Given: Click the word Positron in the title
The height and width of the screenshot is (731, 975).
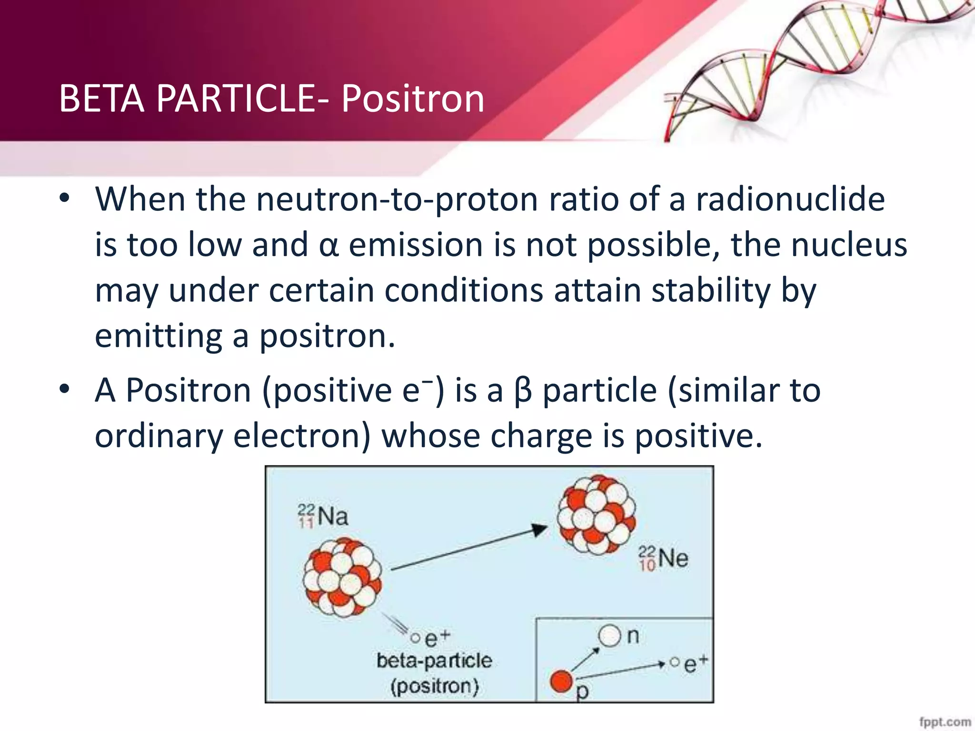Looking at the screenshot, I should pos(412,99).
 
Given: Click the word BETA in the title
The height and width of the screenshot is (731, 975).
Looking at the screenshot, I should pos(101,99).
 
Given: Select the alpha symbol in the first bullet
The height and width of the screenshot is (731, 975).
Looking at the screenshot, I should pos(328,246).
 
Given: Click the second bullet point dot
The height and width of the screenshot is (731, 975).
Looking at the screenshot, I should pos(65,390).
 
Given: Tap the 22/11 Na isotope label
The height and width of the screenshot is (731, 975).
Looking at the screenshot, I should pos(323,516).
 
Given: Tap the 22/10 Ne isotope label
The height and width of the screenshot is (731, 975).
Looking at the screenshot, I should pos(663,558).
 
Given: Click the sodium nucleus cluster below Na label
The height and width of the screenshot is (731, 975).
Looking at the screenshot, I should pos(343,577).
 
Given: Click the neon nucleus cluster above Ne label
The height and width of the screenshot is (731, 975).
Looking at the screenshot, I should pos(597,515).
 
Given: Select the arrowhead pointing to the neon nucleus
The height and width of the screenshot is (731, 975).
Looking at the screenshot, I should pos(540,529).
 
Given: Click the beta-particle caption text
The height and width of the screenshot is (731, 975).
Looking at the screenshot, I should pos(434,661).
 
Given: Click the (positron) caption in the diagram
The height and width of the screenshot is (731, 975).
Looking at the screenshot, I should pos(434,686).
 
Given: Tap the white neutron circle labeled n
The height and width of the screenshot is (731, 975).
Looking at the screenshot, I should pos(609,636).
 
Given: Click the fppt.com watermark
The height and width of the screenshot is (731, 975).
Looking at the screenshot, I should pos(945,721).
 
